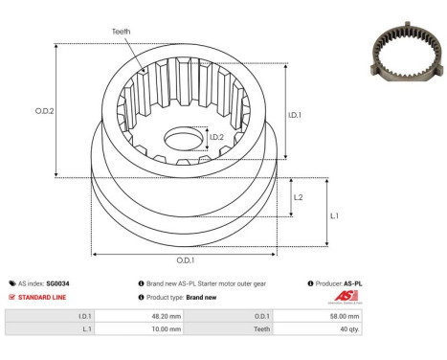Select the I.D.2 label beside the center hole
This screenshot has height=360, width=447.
(218, 138)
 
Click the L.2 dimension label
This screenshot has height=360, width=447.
(299, 196)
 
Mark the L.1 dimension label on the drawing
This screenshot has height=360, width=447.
(333, 215)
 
